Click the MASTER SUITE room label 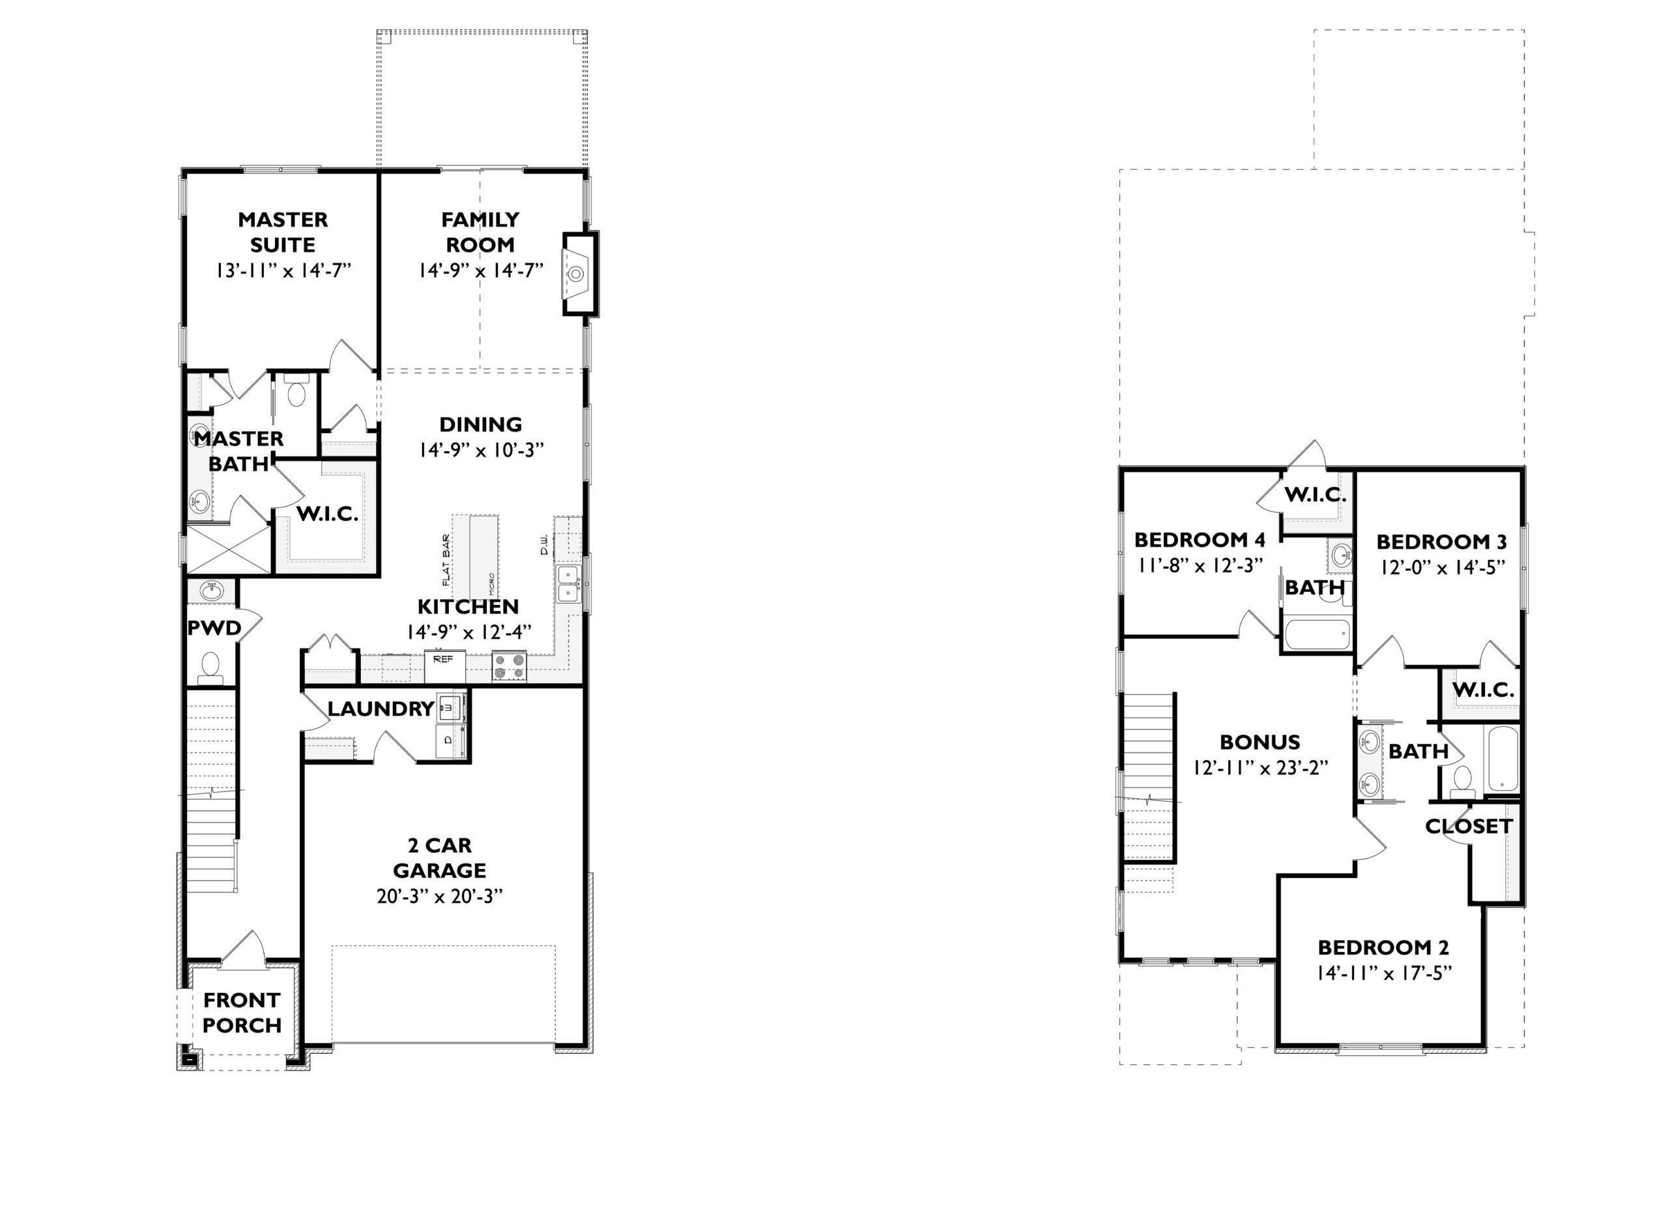pos(283,231)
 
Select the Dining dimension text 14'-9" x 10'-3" pos(481,450)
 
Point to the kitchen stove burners pos(510,666)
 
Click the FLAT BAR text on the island pos(446,560)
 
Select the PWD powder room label pos(214,628)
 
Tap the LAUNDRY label pos(381,709)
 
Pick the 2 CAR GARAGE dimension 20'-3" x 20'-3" pos(439,895)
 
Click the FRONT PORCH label pos(242,1013)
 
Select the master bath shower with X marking pos(229,548)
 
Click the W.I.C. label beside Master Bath pos(327,514)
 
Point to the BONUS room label pos(1260,742)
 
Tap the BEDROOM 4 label pos(1200,539)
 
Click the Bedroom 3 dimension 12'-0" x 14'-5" pos(1441,567)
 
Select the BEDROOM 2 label pos(1383,947)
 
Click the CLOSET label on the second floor pos(1469,826)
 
